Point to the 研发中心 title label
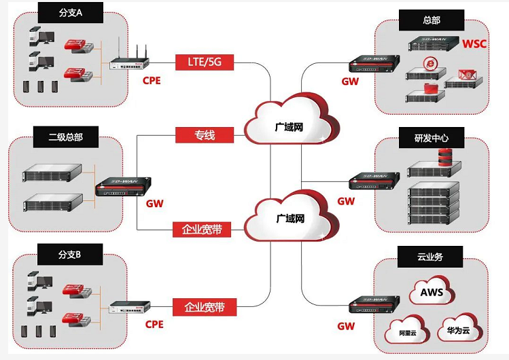[x=431, y=139]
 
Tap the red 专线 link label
[x=205, y=134]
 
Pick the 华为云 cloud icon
[x=457, y=328]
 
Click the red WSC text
[x=474, y=44]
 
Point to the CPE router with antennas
[x=129, y=64]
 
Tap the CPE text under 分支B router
[x=154, y=325]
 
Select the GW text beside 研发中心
[x=346, y=201]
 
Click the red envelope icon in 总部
[x=466, y=74]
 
